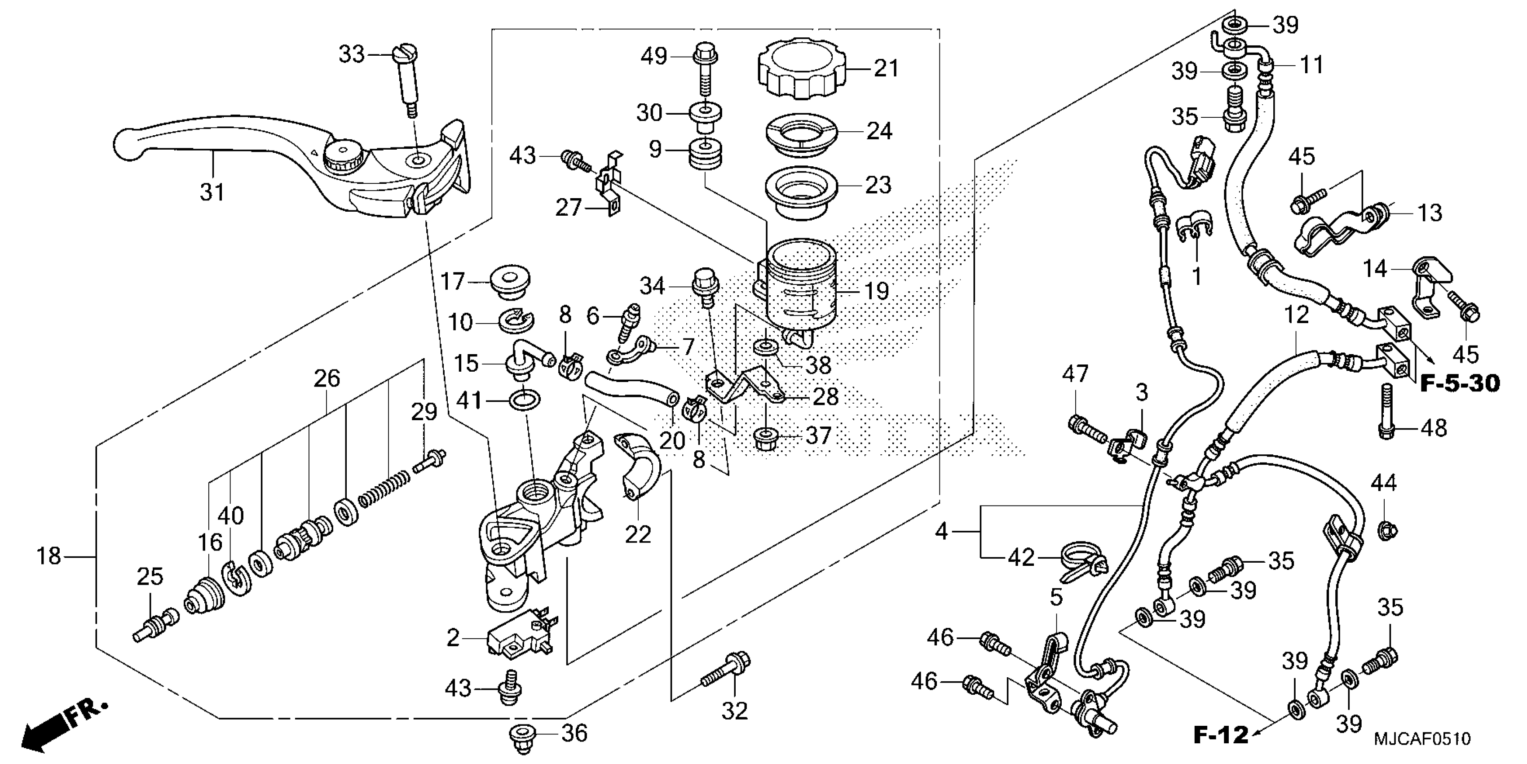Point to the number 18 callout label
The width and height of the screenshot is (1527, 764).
click(49, 556)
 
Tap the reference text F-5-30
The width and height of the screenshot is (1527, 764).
click(1460, 384)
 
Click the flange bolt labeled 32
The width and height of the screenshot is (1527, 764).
click(727, 673)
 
